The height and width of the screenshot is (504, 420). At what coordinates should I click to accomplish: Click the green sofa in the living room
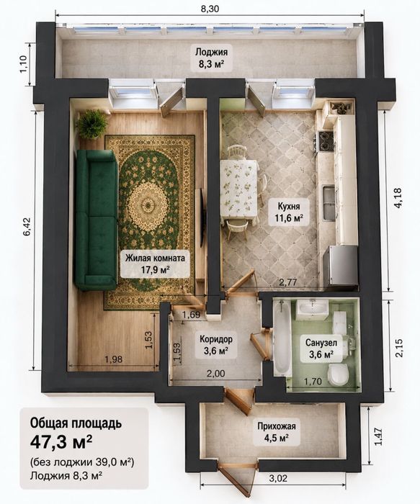(97, 220)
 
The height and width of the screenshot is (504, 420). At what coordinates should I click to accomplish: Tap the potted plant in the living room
(91, 124)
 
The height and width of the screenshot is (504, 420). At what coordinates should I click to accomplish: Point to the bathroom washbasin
(312, 310)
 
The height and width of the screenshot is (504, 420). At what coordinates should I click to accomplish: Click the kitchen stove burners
(325, 141)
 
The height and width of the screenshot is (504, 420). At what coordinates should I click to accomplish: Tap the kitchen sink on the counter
(329, 204)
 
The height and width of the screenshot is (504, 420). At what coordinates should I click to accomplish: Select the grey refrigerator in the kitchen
(342, 266)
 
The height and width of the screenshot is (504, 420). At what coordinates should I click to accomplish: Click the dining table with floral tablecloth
(239, 189)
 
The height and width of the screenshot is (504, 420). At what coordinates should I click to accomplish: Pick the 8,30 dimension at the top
(210, 9)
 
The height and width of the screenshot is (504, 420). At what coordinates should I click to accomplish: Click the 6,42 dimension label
(27, 227)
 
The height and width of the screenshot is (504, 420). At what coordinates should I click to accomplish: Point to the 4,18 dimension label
(398, 198)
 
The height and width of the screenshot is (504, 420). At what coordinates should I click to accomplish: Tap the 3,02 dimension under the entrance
(278, 478)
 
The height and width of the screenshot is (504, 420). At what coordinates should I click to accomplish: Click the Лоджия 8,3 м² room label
(211, 58)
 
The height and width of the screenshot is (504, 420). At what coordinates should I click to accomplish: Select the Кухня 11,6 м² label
(289, 212)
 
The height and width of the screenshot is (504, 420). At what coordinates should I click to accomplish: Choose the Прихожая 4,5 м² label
(276, 432)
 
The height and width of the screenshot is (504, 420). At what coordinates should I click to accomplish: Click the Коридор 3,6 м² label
(216, 345)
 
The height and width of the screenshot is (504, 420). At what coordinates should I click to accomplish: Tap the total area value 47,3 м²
(61, 442)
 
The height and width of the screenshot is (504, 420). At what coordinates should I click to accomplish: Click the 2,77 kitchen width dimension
(288, 282)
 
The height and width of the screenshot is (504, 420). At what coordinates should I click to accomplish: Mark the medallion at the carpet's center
(148, 204)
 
